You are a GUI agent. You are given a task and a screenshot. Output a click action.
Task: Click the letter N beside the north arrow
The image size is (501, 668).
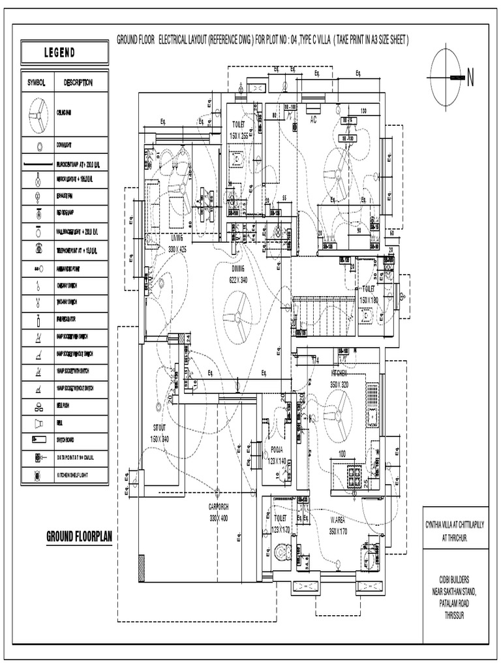point(470,78)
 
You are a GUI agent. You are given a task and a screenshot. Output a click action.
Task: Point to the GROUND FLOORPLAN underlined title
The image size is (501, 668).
point(80,537)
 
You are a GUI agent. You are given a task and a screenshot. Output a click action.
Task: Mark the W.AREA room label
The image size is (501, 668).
point(339,520)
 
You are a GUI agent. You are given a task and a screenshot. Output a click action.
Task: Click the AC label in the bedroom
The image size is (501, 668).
point(313,120)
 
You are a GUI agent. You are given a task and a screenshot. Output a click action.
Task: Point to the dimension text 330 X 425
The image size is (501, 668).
point(177,249)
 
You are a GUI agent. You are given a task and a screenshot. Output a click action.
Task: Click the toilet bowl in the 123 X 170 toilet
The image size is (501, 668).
point(282,553)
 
